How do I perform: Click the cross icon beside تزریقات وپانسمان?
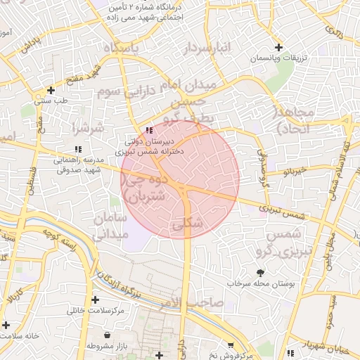click(280, 47)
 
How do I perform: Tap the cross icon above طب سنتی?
click(50, 90)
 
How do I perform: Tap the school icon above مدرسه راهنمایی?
click(77, 149)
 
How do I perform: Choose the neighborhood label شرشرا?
click(88, 128)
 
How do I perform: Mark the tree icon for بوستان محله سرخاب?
click(261, 272)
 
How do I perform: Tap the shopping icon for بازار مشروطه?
click(106, 335)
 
